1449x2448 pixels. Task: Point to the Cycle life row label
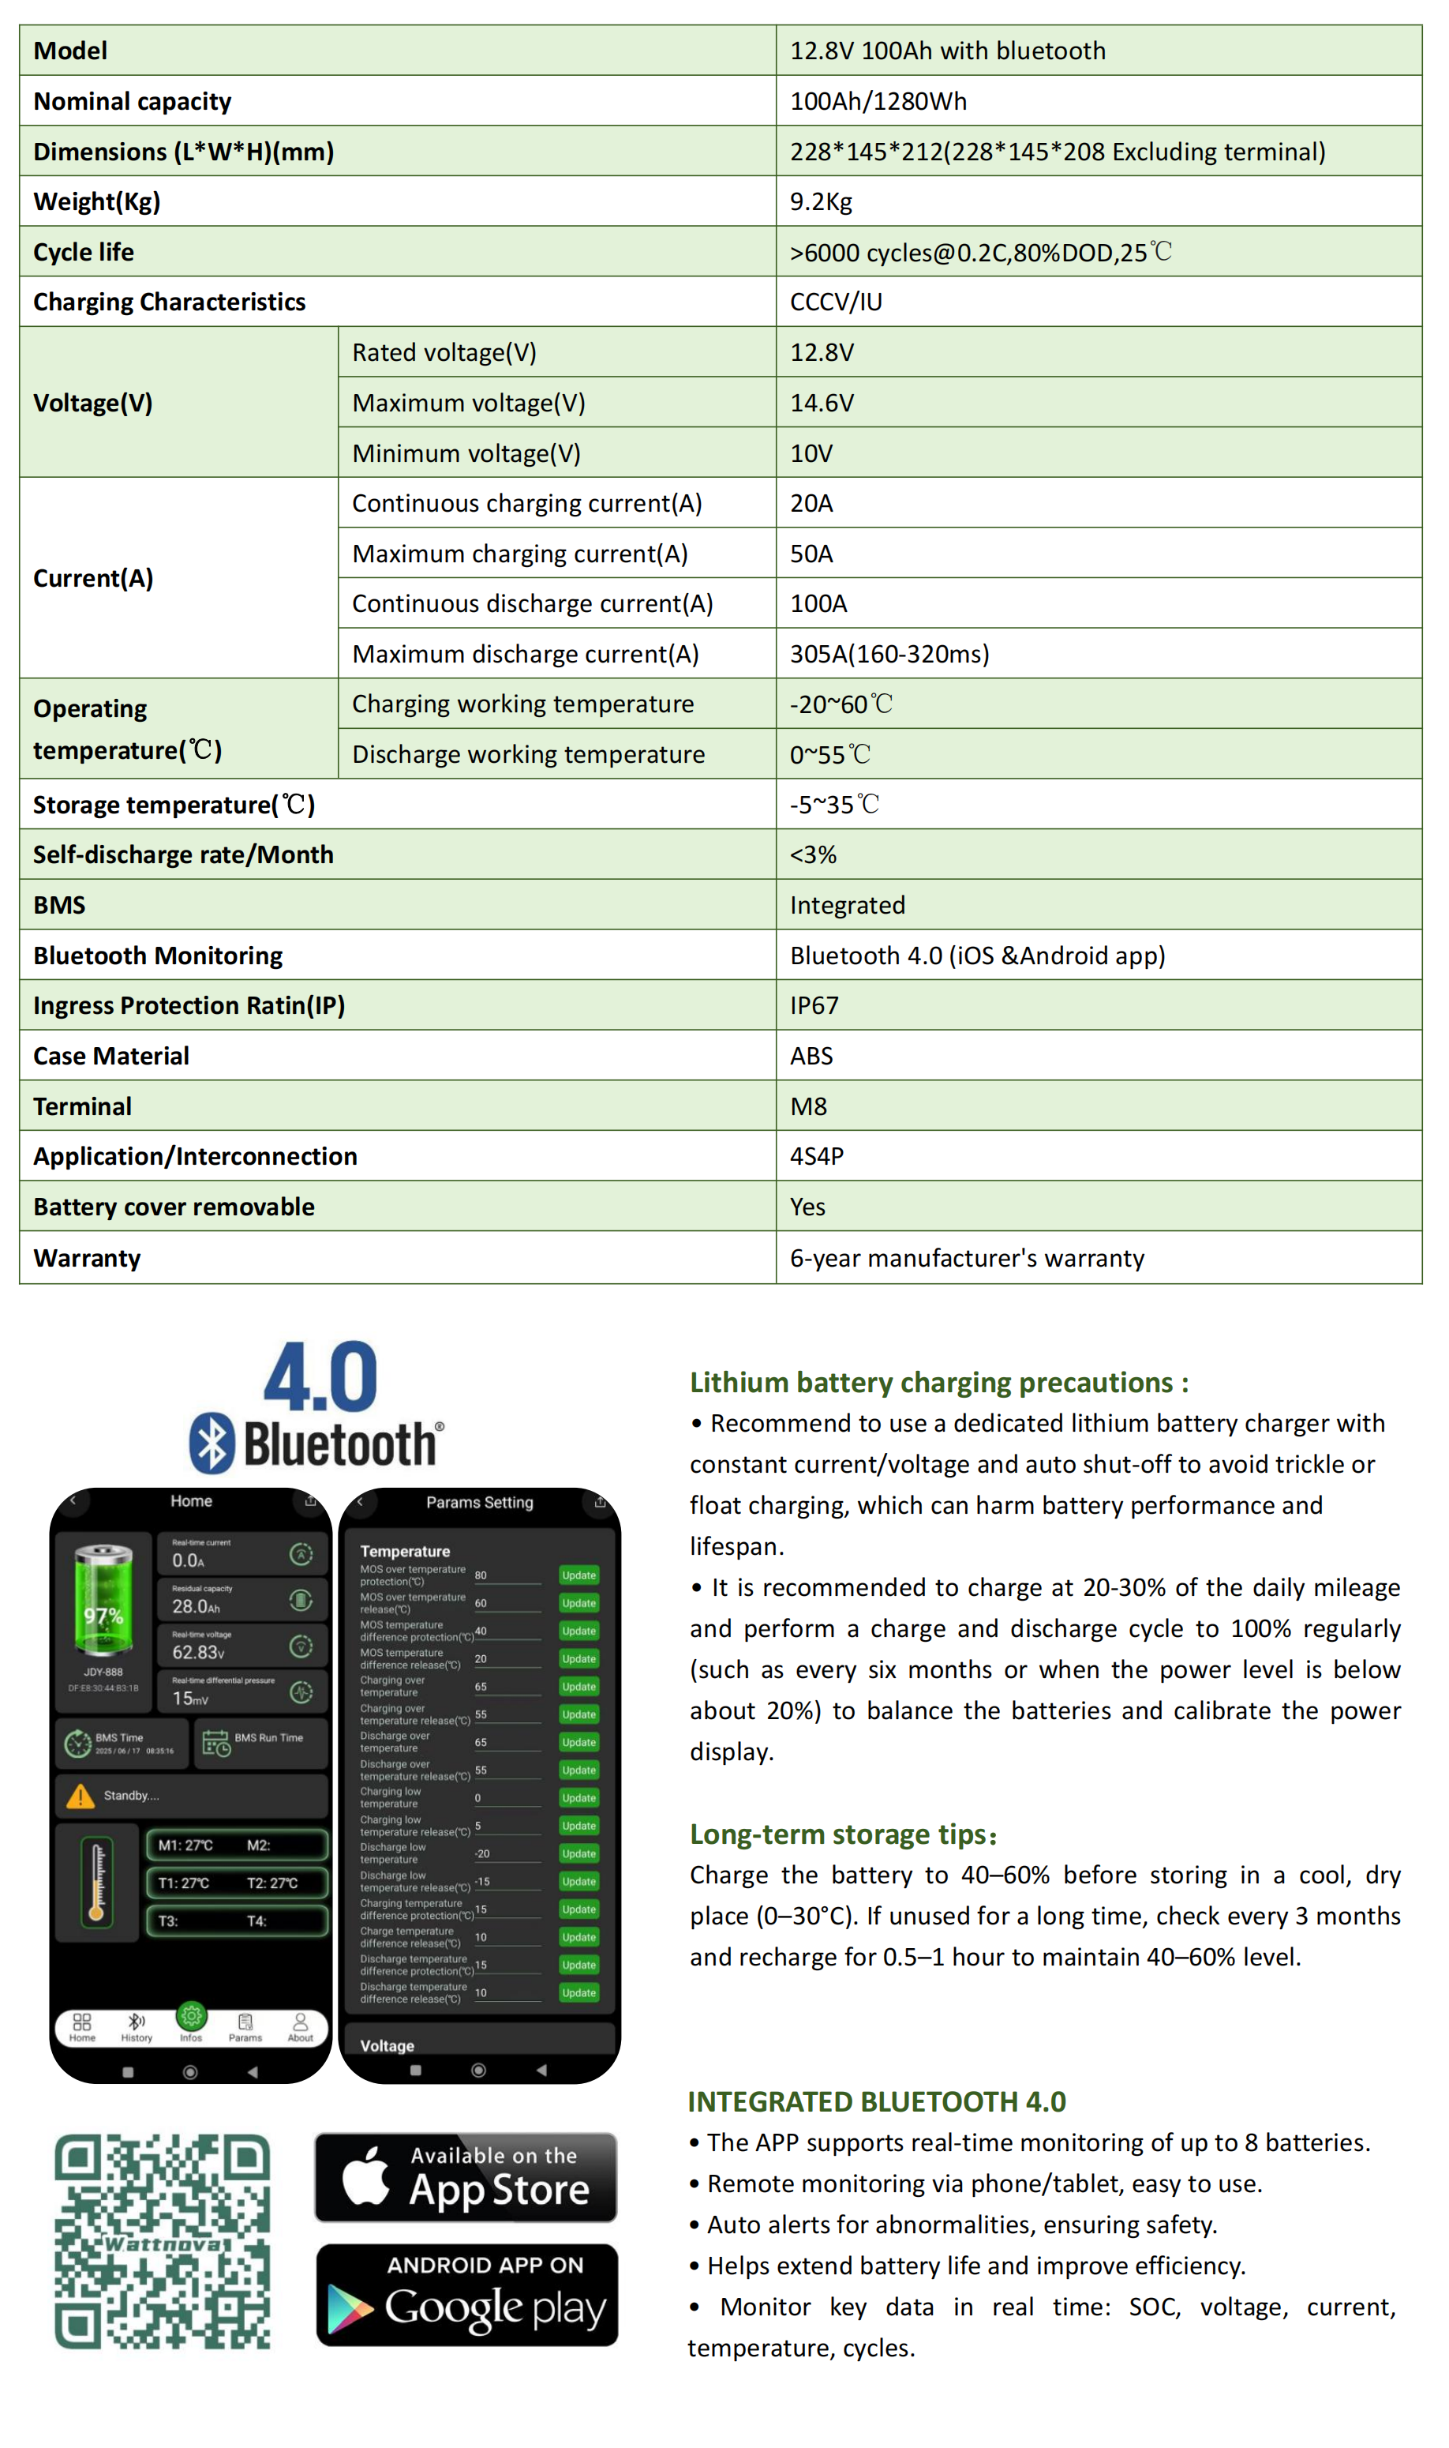pyautogui.click(x=84, y=252)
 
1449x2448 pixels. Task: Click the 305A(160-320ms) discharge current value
pyautogui.click(x=889, y=654)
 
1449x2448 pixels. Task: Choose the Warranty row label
pyautogui.click(x=87, y=1257)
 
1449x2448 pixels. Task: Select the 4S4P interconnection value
pyautogui.click(x=816, y=1155)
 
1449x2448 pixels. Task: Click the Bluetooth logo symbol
pyautogui.click(x=212, y=1443)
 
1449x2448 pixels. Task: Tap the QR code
pyautogui.click(x=162, y=2241)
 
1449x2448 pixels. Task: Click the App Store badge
pyautogui.click(x=466, y=2177)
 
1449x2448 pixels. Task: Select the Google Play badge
pyautogui.click(x=466, y=2295)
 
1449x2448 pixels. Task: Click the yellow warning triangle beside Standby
pyautogui.click(x=80, y=1796)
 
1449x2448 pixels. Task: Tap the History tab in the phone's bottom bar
pyautogui.click(x=137, y=2027)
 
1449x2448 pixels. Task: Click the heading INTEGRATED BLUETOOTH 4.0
pyautogui.click(x=876, y=2101)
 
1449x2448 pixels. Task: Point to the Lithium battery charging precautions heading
pyautogui.click(x=938, y=1382)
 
